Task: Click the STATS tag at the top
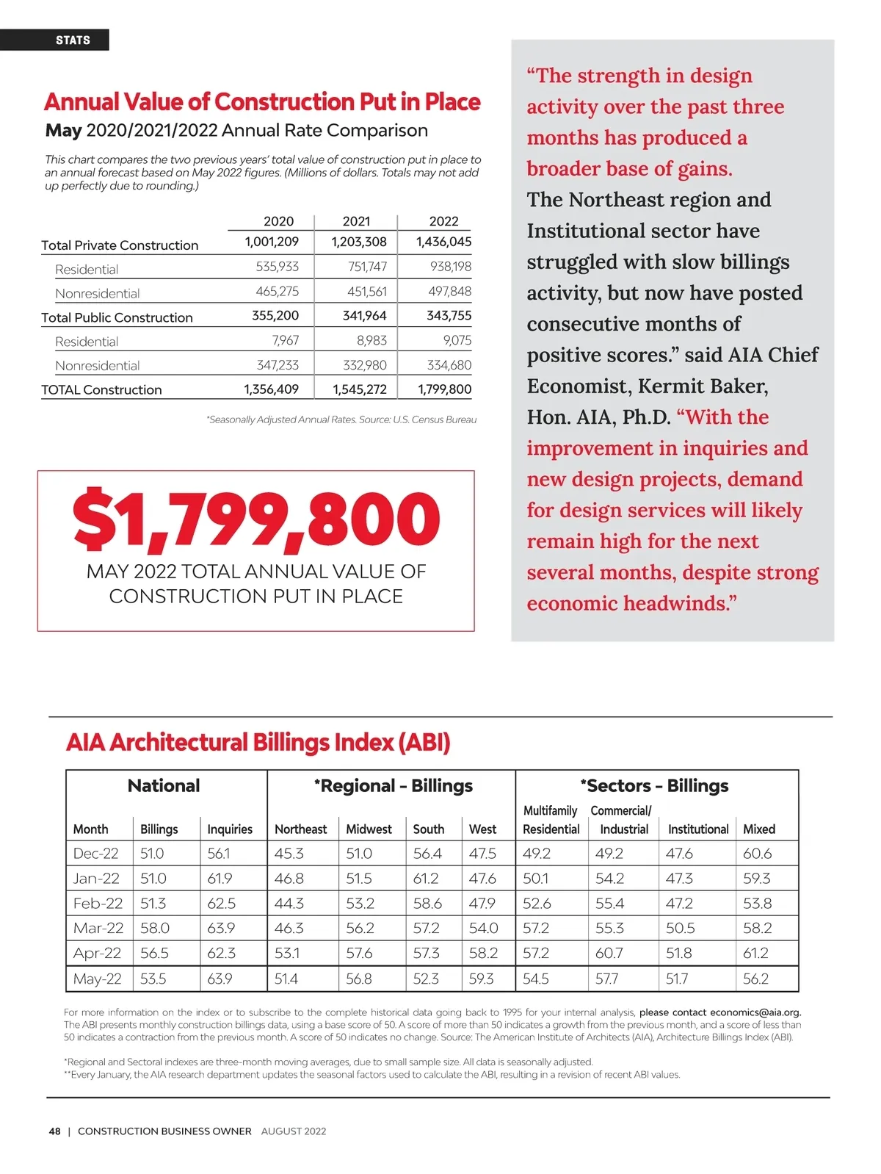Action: point(73,40)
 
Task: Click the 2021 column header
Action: point(356,221)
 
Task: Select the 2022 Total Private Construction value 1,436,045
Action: point(443,242)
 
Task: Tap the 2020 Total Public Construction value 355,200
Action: point(275,316)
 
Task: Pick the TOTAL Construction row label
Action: point(101,390)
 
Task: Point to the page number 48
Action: point(55,1131)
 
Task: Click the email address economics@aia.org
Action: point(755,1012)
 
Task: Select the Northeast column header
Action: point(300,829)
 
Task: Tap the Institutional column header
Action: point(697,829)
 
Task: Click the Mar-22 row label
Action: point(98,929)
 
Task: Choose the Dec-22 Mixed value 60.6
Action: point(757,854)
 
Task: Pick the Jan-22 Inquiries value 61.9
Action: point(220,879)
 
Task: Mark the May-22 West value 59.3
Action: point(482,979)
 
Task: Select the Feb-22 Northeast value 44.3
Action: point(289,904)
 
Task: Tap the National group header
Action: point(164,786)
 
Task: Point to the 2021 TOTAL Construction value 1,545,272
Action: point(360,389)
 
